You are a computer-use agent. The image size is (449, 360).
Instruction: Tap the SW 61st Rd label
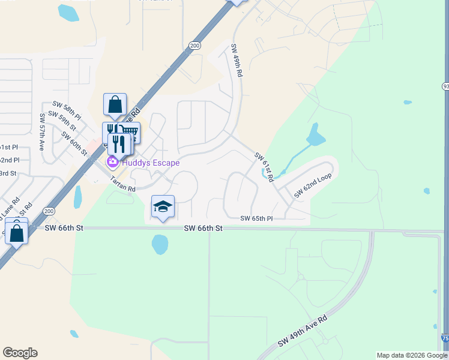[264, 167]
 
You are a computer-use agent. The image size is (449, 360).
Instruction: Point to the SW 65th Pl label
[256, 219]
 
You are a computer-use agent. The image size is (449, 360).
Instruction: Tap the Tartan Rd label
[122, 184]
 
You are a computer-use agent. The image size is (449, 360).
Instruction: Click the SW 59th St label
[62, 121]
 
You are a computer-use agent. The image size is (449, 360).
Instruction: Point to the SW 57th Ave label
[43, 130]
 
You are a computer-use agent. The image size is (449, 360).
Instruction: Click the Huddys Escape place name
[151, 163]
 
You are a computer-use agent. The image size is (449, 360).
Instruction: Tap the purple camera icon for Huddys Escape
[112, 162]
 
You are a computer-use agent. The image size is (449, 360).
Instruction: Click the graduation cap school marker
[163, 206]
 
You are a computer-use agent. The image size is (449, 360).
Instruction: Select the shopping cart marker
[131, 133]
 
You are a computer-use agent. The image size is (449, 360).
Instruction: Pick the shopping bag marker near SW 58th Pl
[115, 104]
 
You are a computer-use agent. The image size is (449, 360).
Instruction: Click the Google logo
[20, 353]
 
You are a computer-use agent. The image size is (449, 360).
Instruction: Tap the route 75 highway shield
[444, 338]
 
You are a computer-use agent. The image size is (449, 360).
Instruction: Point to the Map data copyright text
[412, 355]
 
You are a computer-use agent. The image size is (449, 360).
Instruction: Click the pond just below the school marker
[160, 244]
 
